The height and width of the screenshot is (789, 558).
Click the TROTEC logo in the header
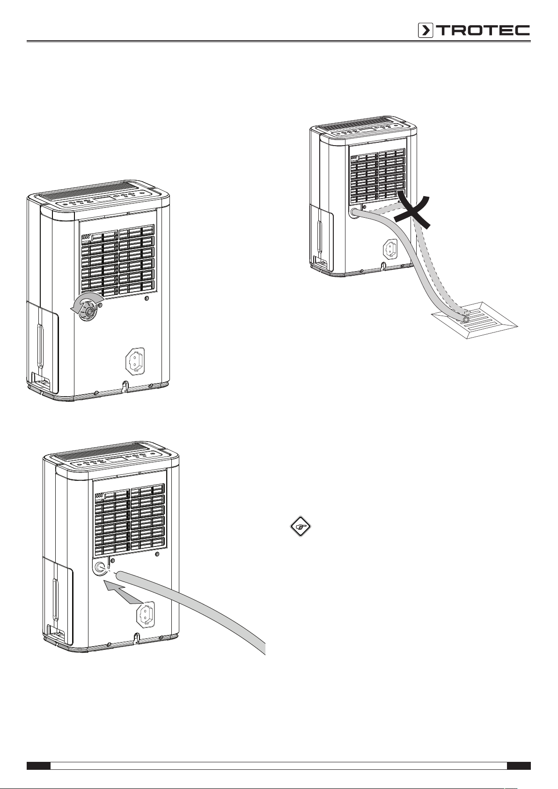point(474,30)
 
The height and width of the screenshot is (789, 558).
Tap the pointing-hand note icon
point(301,527)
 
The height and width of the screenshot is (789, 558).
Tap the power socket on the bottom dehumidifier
point(146,614)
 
